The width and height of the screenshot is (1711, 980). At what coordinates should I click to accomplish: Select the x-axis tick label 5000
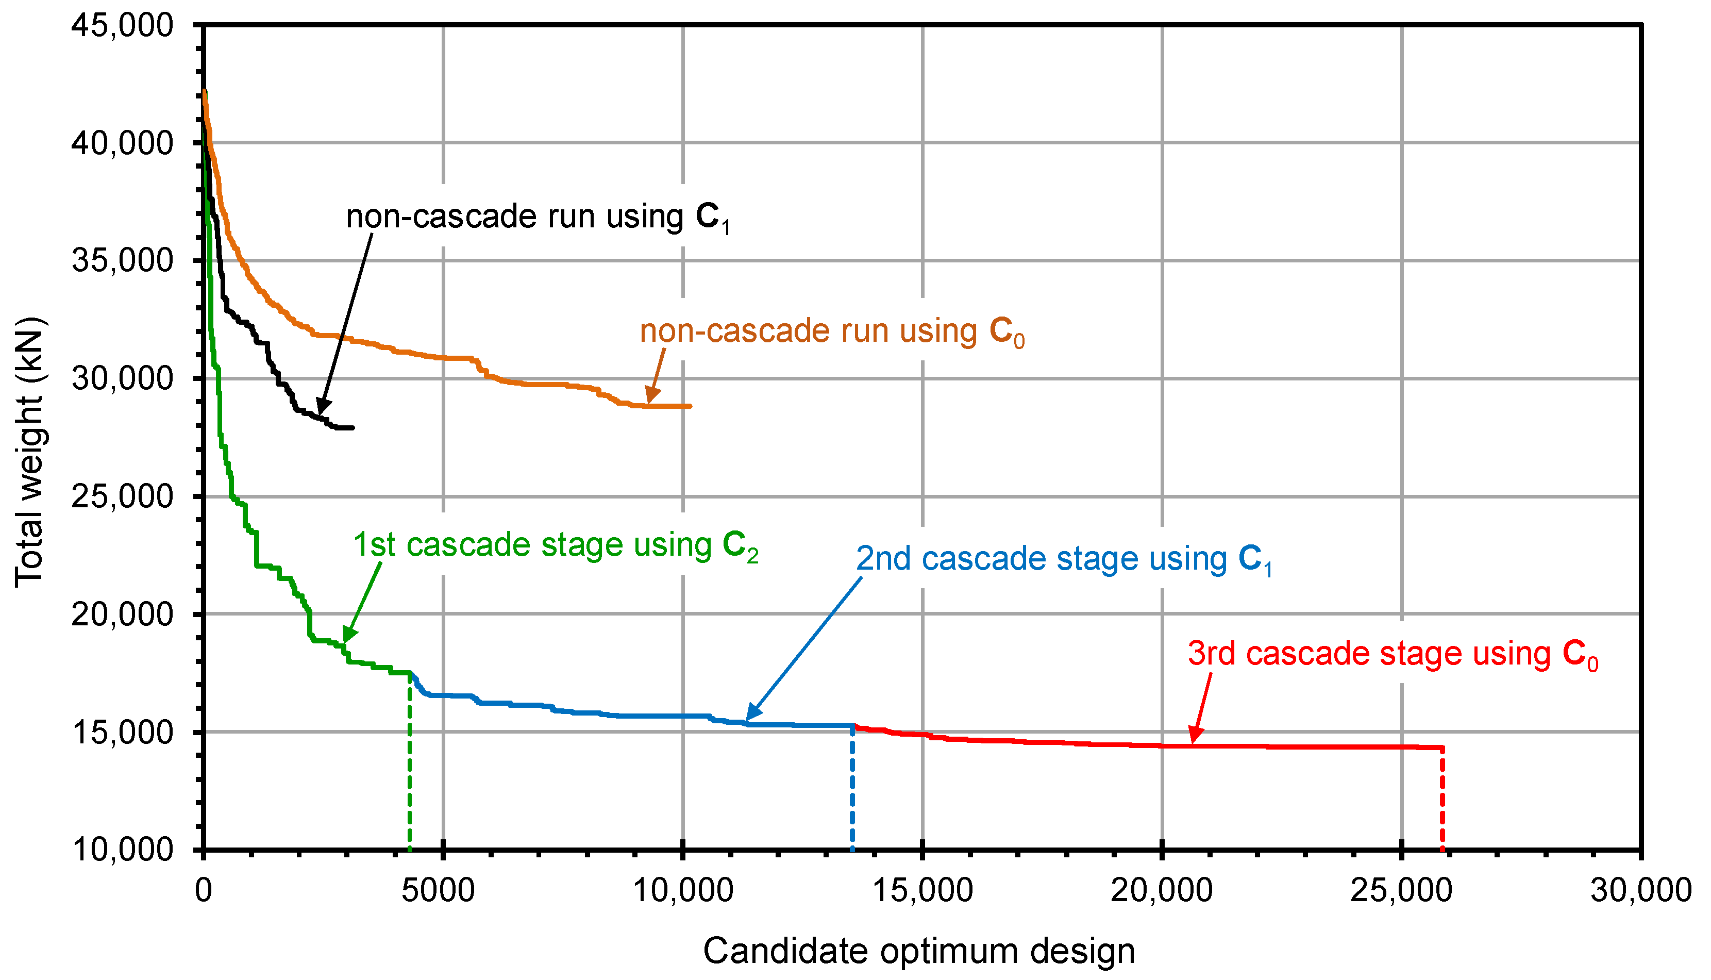[x=438, y=890]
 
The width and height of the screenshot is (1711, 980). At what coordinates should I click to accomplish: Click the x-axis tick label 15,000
[x=922, y=890]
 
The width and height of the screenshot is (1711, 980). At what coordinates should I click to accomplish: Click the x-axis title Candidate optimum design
[x=919, y=951]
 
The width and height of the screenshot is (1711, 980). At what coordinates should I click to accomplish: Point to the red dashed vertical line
[x=1442, y=801]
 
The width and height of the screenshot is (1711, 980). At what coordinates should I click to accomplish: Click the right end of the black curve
[x=352, y=427]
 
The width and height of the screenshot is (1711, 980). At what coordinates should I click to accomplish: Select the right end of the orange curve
[x=690, y=406]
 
